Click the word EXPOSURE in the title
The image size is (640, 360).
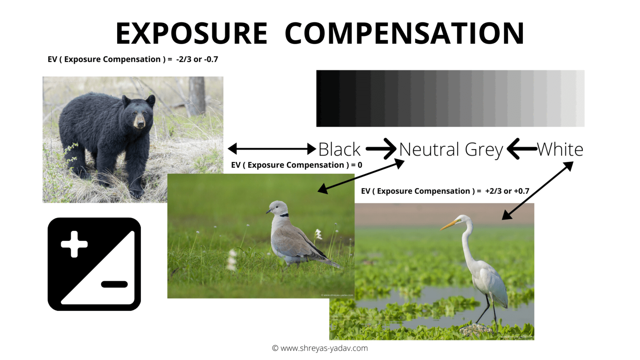pyautogui.click(x=191, y=33)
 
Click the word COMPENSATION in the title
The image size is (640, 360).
pyautogui.click(x=404, y=33)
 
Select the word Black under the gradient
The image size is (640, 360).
pyautogui.click(x=339, y=149)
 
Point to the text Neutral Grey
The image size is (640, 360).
pyautogui.click(x=451, y=149)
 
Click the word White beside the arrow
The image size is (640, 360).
pyautogui.click(x=560, y=149)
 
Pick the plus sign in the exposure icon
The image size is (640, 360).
pyautogui.click(x=74, y=244)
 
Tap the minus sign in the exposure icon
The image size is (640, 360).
pyautogui.click(x=114, y=285)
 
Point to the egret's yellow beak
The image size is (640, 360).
pyautogui.click(x=448, y=226)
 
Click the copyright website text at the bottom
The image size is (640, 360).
pyautogui.click(x=320, y=348)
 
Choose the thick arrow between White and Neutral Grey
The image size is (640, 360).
pyautogui.click(x=521, y=149)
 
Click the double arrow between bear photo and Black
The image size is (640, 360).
pyautogui.click(x=272, y=148)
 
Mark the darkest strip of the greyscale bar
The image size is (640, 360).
pyautogui.click(x=328, y=98)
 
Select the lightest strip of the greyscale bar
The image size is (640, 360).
pyautogui.click(x=580, y=98)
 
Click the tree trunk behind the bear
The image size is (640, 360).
pyautogui.click(x=197, y=96)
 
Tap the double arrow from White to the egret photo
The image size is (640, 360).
pyautogui.click(x=537, y=190)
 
